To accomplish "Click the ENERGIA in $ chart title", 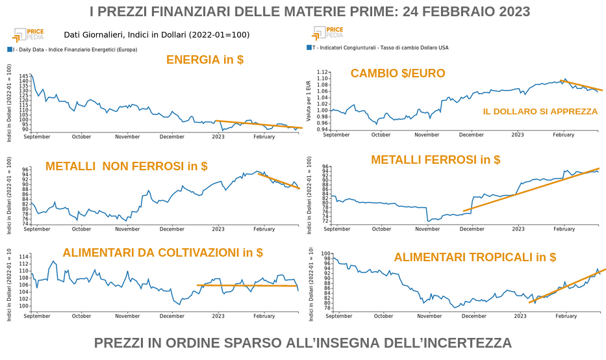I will [205, 60].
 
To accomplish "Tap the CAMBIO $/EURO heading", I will [398, 73].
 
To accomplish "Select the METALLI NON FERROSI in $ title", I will [127, 166].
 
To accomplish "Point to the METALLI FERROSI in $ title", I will [435, 160].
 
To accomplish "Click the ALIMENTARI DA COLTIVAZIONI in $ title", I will [162, 253].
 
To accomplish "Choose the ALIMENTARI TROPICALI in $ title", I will [475, 257].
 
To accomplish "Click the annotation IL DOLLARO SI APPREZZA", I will [540, 112].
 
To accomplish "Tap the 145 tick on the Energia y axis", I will [24, 77].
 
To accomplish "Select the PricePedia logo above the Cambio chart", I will [328, 32].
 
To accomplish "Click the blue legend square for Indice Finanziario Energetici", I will [10, 49].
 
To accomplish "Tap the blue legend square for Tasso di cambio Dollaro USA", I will [309, 47].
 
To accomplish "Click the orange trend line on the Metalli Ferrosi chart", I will [533, 189].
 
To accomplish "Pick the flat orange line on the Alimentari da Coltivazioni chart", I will [247, 285].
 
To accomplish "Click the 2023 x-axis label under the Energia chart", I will [218, 137].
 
